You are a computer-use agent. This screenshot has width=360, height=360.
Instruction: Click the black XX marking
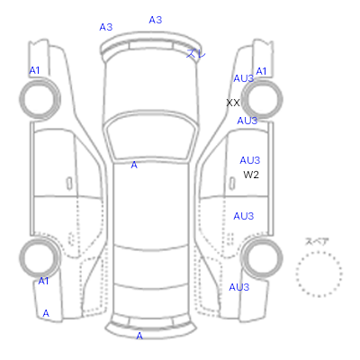pos(233,103)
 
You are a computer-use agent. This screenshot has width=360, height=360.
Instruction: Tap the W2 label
pos(251,175)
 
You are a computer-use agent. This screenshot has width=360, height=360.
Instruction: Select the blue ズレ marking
pos(196,53)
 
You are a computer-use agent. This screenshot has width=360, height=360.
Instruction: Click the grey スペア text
pos(317,241)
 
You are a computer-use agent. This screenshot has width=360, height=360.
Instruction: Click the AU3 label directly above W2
pos(249,160)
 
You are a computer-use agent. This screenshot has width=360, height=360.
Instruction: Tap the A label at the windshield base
pos(134,165)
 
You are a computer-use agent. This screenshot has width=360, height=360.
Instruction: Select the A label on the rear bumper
pos(139,336)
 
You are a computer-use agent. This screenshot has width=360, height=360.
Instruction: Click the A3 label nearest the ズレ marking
pos(156,20)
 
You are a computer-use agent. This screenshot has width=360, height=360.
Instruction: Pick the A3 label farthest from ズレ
pos(106,27)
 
